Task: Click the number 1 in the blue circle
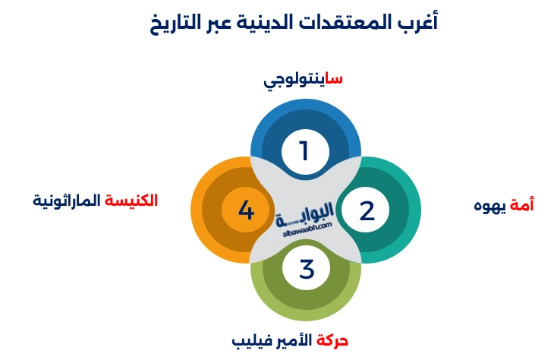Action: click(x=304, y=150)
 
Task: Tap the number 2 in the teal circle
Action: click(x=367, y=211)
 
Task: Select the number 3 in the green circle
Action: click(x=307, y=269)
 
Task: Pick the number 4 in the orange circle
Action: click(x=246, y=210)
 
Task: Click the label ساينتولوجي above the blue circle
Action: click(x=303, y=79)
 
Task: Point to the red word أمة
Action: click(x=521, y=205)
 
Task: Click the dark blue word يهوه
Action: click(x=489, y=206)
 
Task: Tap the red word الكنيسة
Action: click(x=131, y=201)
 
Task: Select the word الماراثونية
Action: click(x=67, y=201)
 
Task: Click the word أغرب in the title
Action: click(x=418, y=22)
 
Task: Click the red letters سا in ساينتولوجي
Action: click(x=334, y=78)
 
